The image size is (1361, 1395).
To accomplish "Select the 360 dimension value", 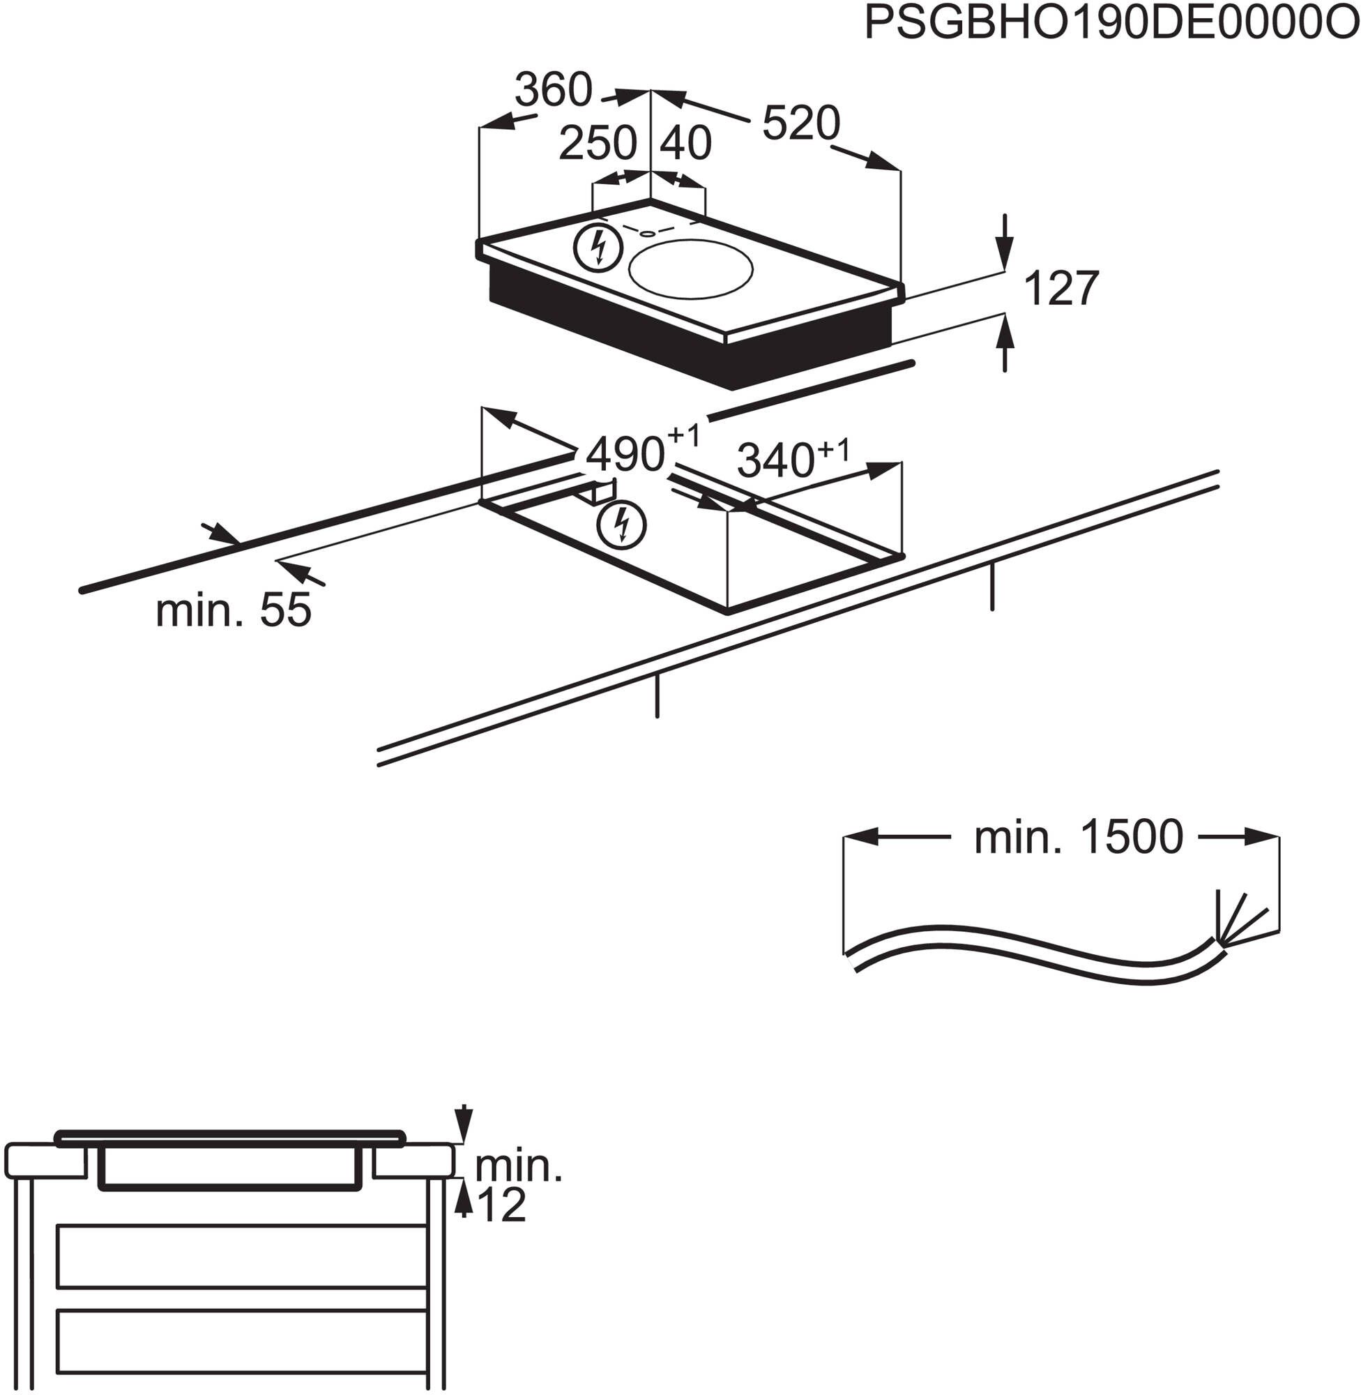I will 554,90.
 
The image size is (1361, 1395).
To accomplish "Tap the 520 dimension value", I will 800,123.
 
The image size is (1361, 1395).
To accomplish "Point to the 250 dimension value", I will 597,143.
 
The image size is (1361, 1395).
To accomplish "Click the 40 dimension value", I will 685,143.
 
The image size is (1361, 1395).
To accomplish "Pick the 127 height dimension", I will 1060,289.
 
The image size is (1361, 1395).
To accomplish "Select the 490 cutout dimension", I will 625,454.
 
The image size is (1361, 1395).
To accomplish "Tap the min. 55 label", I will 233,610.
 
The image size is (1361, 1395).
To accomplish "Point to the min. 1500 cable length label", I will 1078,837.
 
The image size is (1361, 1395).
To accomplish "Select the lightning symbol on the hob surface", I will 598,248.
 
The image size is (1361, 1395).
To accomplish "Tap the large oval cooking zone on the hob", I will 690,269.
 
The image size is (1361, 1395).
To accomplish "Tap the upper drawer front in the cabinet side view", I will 242,1256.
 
